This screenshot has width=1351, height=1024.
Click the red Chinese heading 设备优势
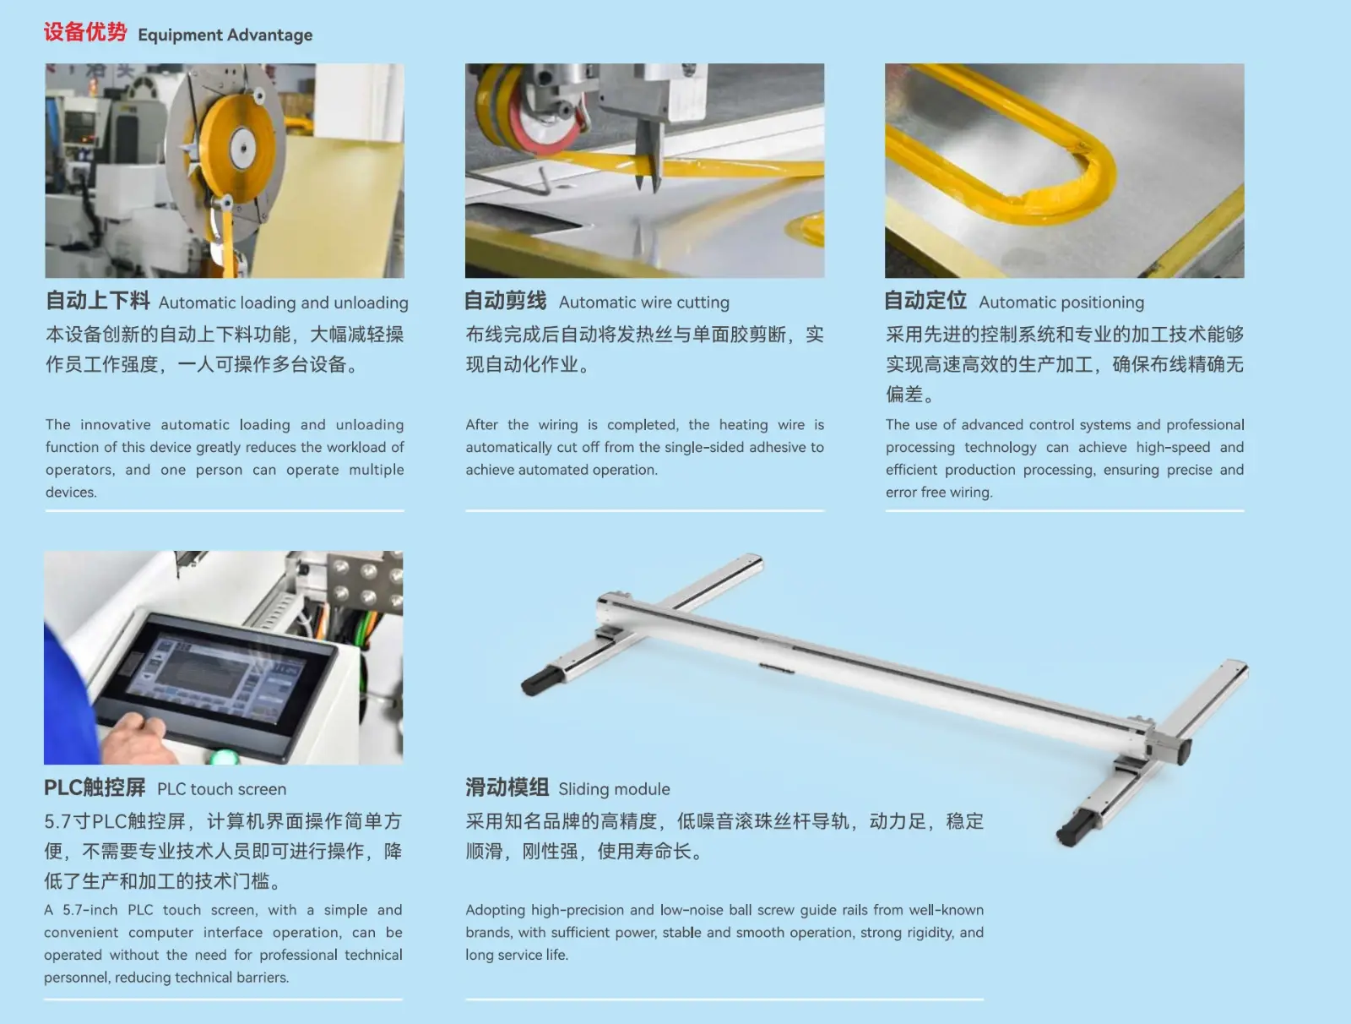(85, 33)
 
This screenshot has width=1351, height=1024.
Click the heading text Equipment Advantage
(225, 35)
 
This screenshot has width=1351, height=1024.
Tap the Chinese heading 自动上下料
(98, 301)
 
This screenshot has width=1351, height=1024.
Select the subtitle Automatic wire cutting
(643, 302)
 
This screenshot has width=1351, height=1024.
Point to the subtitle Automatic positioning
(1061, 302)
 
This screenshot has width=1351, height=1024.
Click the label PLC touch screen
(221, 789)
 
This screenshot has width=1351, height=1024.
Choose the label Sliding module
(614, 789)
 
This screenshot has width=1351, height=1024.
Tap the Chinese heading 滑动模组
(507, 787)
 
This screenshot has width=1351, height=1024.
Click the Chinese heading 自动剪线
(505, 301)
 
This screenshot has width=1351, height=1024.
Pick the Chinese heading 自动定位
(925, 301)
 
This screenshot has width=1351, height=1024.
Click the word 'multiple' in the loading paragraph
(376, 470)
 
